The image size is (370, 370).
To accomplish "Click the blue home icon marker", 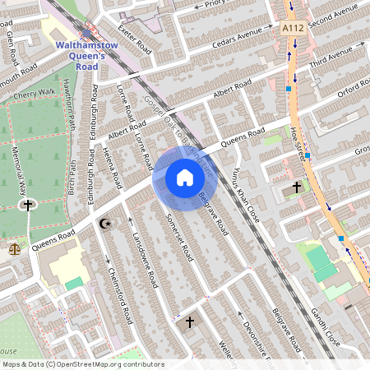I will coord(184,177).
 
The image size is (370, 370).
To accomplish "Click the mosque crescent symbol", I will coord(104,223).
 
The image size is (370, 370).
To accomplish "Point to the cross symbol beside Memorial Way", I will coord(28,205).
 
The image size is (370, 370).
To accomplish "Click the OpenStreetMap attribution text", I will coord(82,364).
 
